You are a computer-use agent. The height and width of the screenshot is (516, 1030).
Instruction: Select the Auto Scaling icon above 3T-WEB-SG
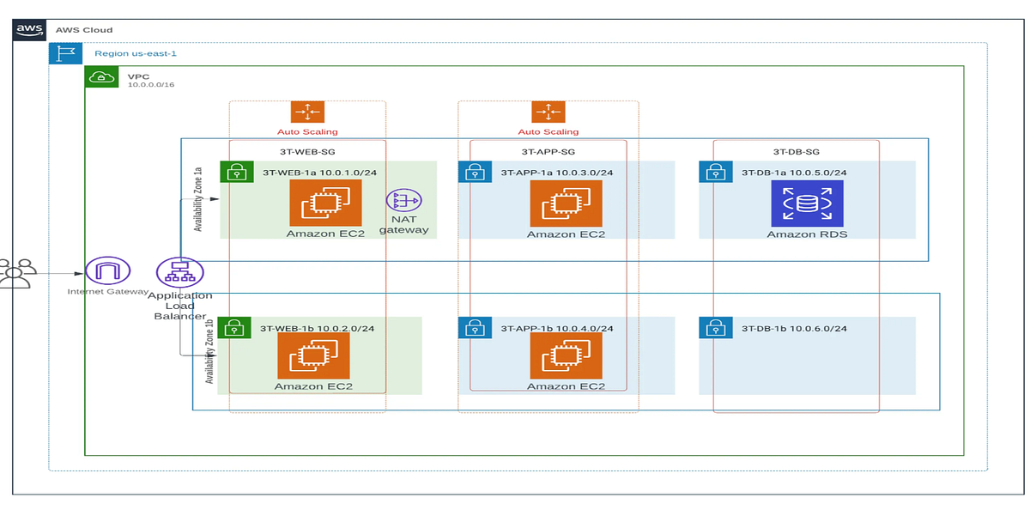[306, 112]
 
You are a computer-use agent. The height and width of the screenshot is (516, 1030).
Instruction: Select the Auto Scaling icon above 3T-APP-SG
[548, 112]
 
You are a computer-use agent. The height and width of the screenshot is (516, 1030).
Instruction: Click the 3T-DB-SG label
[795, 151]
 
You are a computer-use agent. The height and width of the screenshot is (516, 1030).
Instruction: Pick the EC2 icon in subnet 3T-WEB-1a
[324, 204]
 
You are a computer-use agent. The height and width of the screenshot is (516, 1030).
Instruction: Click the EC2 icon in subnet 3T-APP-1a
[565, 204]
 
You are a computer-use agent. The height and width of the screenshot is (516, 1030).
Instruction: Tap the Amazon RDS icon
[806, 204]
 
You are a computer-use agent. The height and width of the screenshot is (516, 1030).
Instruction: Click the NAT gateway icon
[403, 201]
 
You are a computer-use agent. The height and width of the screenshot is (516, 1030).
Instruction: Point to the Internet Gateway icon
[108, 271]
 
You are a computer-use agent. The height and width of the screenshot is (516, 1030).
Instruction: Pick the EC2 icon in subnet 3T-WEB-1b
[313, 355]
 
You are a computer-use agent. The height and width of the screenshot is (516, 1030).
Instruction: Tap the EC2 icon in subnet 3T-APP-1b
[565, 355]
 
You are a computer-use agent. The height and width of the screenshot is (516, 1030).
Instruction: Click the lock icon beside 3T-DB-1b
[711, 328]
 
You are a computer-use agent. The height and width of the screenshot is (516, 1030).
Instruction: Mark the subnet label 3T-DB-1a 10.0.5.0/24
[794, 173]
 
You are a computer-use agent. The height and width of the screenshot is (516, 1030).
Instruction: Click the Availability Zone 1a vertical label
[198, 203]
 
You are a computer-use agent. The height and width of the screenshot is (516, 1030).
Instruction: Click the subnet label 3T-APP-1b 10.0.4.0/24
[556, 328]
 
